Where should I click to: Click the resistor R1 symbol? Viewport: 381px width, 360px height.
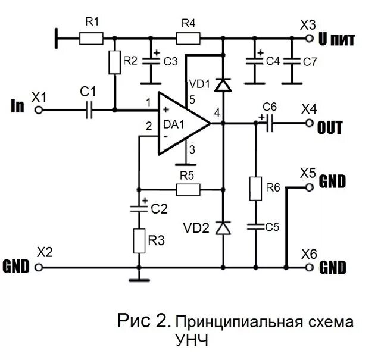pos(92,39)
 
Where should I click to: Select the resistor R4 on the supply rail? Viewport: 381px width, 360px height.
pos(188,39)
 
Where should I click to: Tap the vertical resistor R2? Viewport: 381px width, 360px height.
pos(114,62)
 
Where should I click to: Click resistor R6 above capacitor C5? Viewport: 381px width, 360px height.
pos(255,188)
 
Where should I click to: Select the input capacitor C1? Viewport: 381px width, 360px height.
pos(89,109)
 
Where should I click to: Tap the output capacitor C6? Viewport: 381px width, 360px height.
pos(268,123)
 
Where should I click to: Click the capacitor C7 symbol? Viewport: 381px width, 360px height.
pos(292,61)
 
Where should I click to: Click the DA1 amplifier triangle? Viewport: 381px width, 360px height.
pos(182,124)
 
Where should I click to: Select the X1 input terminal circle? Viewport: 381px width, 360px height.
pos(39,109)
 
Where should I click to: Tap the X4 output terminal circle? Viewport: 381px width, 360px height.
pos(309,123)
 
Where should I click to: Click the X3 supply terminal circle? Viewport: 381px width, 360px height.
pos(309,39)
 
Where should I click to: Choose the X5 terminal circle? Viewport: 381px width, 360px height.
pos(309,187)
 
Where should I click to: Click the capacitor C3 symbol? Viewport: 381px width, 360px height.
pos(151,61)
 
